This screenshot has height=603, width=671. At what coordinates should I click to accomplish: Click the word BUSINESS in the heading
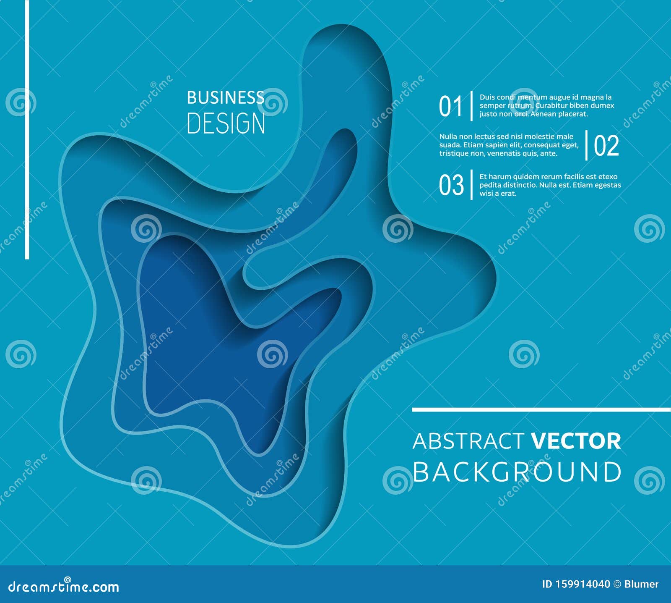(x=225, y=98)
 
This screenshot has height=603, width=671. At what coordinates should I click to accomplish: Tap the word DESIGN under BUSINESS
(x=226, y=123)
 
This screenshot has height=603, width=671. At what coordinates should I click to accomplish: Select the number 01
(x=450, y=106)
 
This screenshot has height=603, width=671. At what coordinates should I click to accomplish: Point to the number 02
(x=606, y=146)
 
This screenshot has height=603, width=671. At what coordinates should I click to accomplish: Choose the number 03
(x=451, y=185)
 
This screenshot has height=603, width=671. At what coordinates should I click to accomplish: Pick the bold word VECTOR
(x=576, y=441)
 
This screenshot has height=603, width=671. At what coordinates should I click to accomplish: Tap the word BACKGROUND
(x=517, y=472)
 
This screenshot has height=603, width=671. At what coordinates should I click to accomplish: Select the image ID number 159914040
(x=583, y=584)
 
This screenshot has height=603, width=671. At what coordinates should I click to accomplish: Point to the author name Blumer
(x=641, y=584)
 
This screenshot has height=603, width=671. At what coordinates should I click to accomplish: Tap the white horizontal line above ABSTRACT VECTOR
(x=541, y=409)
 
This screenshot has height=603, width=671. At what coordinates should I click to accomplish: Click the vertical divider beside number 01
(x=472, y=106)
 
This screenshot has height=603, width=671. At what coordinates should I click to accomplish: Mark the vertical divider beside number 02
(x=586, y=145)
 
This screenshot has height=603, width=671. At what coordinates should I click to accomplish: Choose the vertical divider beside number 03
(x=472, y=185)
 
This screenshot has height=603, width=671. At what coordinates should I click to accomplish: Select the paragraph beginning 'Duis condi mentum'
(x=546, y=106)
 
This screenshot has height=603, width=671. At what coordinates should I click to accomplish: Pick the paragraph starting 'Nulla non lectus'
(x=508, y=145)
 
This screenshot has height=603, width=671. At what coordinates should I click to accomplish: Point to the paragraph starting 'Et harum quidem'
(x=549, y=185)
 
